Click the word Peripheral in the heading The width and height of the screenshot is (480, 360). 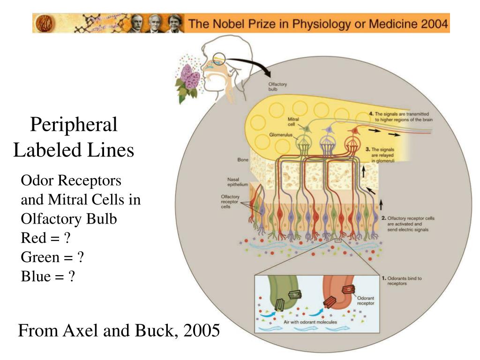74,125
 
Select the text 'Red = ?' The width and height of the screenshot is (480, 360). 46,238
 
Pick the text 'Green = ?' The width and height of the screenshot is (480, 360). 52,257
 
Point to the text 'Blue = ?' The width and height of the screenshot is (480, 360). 48,277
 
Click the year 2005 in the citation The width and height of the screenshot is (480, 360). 202,331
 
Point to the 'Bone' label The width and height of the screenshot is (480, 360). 243,160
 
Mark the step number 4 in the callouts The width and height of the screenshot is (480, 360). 371,114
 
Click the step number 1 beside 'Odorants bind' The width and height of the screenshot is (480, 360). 383,278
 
